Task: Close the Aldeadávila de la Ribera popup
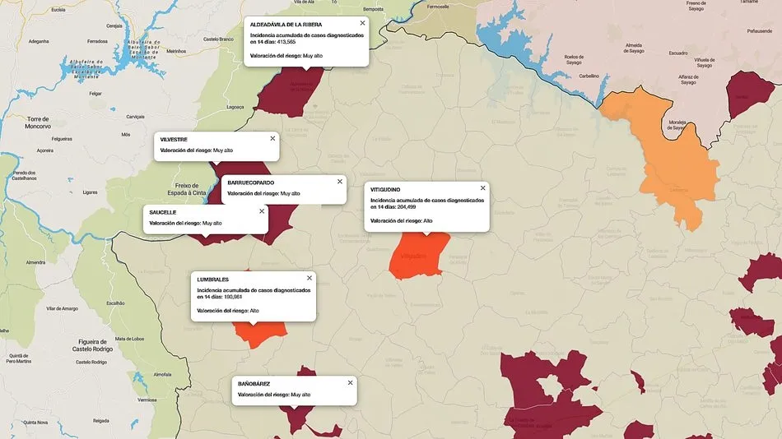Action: pyautogui.click(x=362, y=23)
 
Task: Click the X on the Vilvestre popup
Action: pyautogui.click(x=272, y=138)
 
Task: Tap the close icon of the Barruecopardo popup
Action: pyautogui.click(x=339, y=181)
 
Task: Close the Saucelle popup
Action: pyautogui.click(x=262, y=210)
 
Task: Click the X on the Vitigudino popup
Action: pyautogui.click(x=482, y=188)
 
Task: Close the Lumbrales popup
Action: pyautogui.click(x=310, y=278)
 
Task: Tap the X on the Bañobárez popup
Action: pyautogui.click(x=350, y=382)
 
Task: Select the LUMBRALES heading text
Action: pyautogui.click(x=212, y=280)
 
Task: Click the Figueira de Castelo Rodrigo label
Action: pyautogui.click(x=90, y=345)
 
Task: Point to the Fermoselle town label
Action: pyautogui.click(x=437, y=6)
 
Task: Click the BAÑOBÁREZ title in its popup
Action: pyautogui.click(x=254, y=384)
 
